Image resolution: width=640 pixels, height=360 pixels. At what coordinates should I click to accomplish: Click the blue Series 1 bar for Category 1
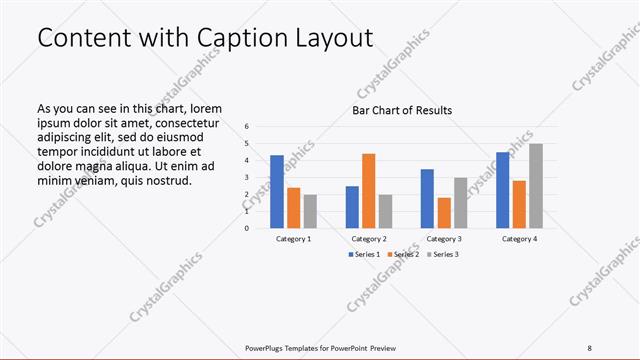(277, 191)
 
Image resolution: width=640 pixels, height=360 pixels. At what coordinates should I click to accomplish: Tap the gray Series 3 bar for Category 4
(536, 185)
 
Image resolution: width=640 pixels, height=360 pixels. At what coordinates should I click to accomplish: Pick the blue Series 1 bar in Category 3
(427, 198)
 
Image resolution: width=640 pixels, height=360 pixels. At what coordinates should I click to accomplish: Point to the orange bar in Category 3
(444, 212)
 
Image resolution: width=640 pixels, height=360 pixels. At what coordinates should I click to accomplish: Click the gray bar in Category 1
(310, 211)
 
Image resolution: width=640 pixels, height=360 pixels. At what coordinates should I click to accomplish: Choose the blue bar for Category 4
(503, 189)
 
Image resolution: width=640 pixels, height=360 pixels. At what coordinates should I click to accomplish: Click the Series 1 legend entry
(364, 254)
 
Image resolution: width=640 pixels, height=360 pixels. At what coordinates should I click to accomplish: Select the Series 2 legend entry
(402, 254)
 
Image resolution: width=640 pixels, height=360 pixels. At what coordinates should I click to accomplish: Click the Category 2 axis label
(369, 239)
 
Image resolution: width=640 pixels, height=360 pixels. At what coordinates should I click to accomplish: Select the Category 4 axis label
(519, 239)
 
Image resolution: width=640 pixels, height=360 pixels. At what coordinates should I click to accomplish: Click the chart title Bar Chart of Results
(401, 110)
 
